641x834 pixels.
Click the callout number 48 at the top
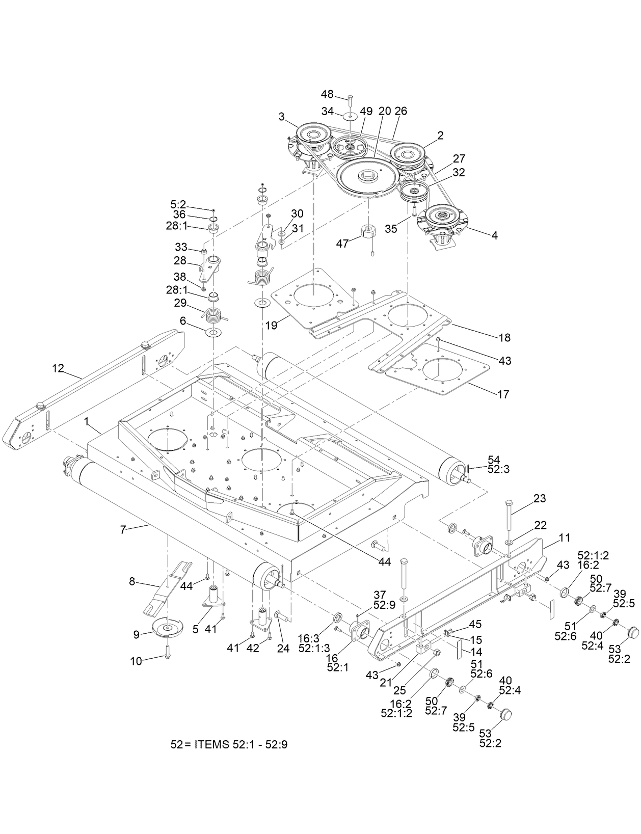click(327, 94)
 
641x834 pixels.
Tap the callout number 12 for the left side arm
click(60, 368)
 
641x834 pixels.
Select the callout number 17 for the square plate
click(502, 394)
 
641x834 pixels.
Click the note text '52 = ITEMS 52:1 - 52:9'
click(229, 744)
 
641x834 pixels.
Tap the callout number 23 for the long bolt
click(539, 498)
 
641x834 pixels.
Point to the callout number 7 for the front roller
click(123, 529)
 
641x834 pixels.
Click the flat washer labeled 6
click(213, 333)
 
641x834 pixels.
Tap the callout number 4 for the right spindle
click(494, 235)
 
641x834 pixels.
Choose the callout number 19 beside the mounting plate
click(271, 325)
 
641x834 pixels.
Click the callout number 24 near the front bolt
click(283, 649)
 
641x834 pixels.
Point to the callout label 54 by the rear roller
click(494, 459)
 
